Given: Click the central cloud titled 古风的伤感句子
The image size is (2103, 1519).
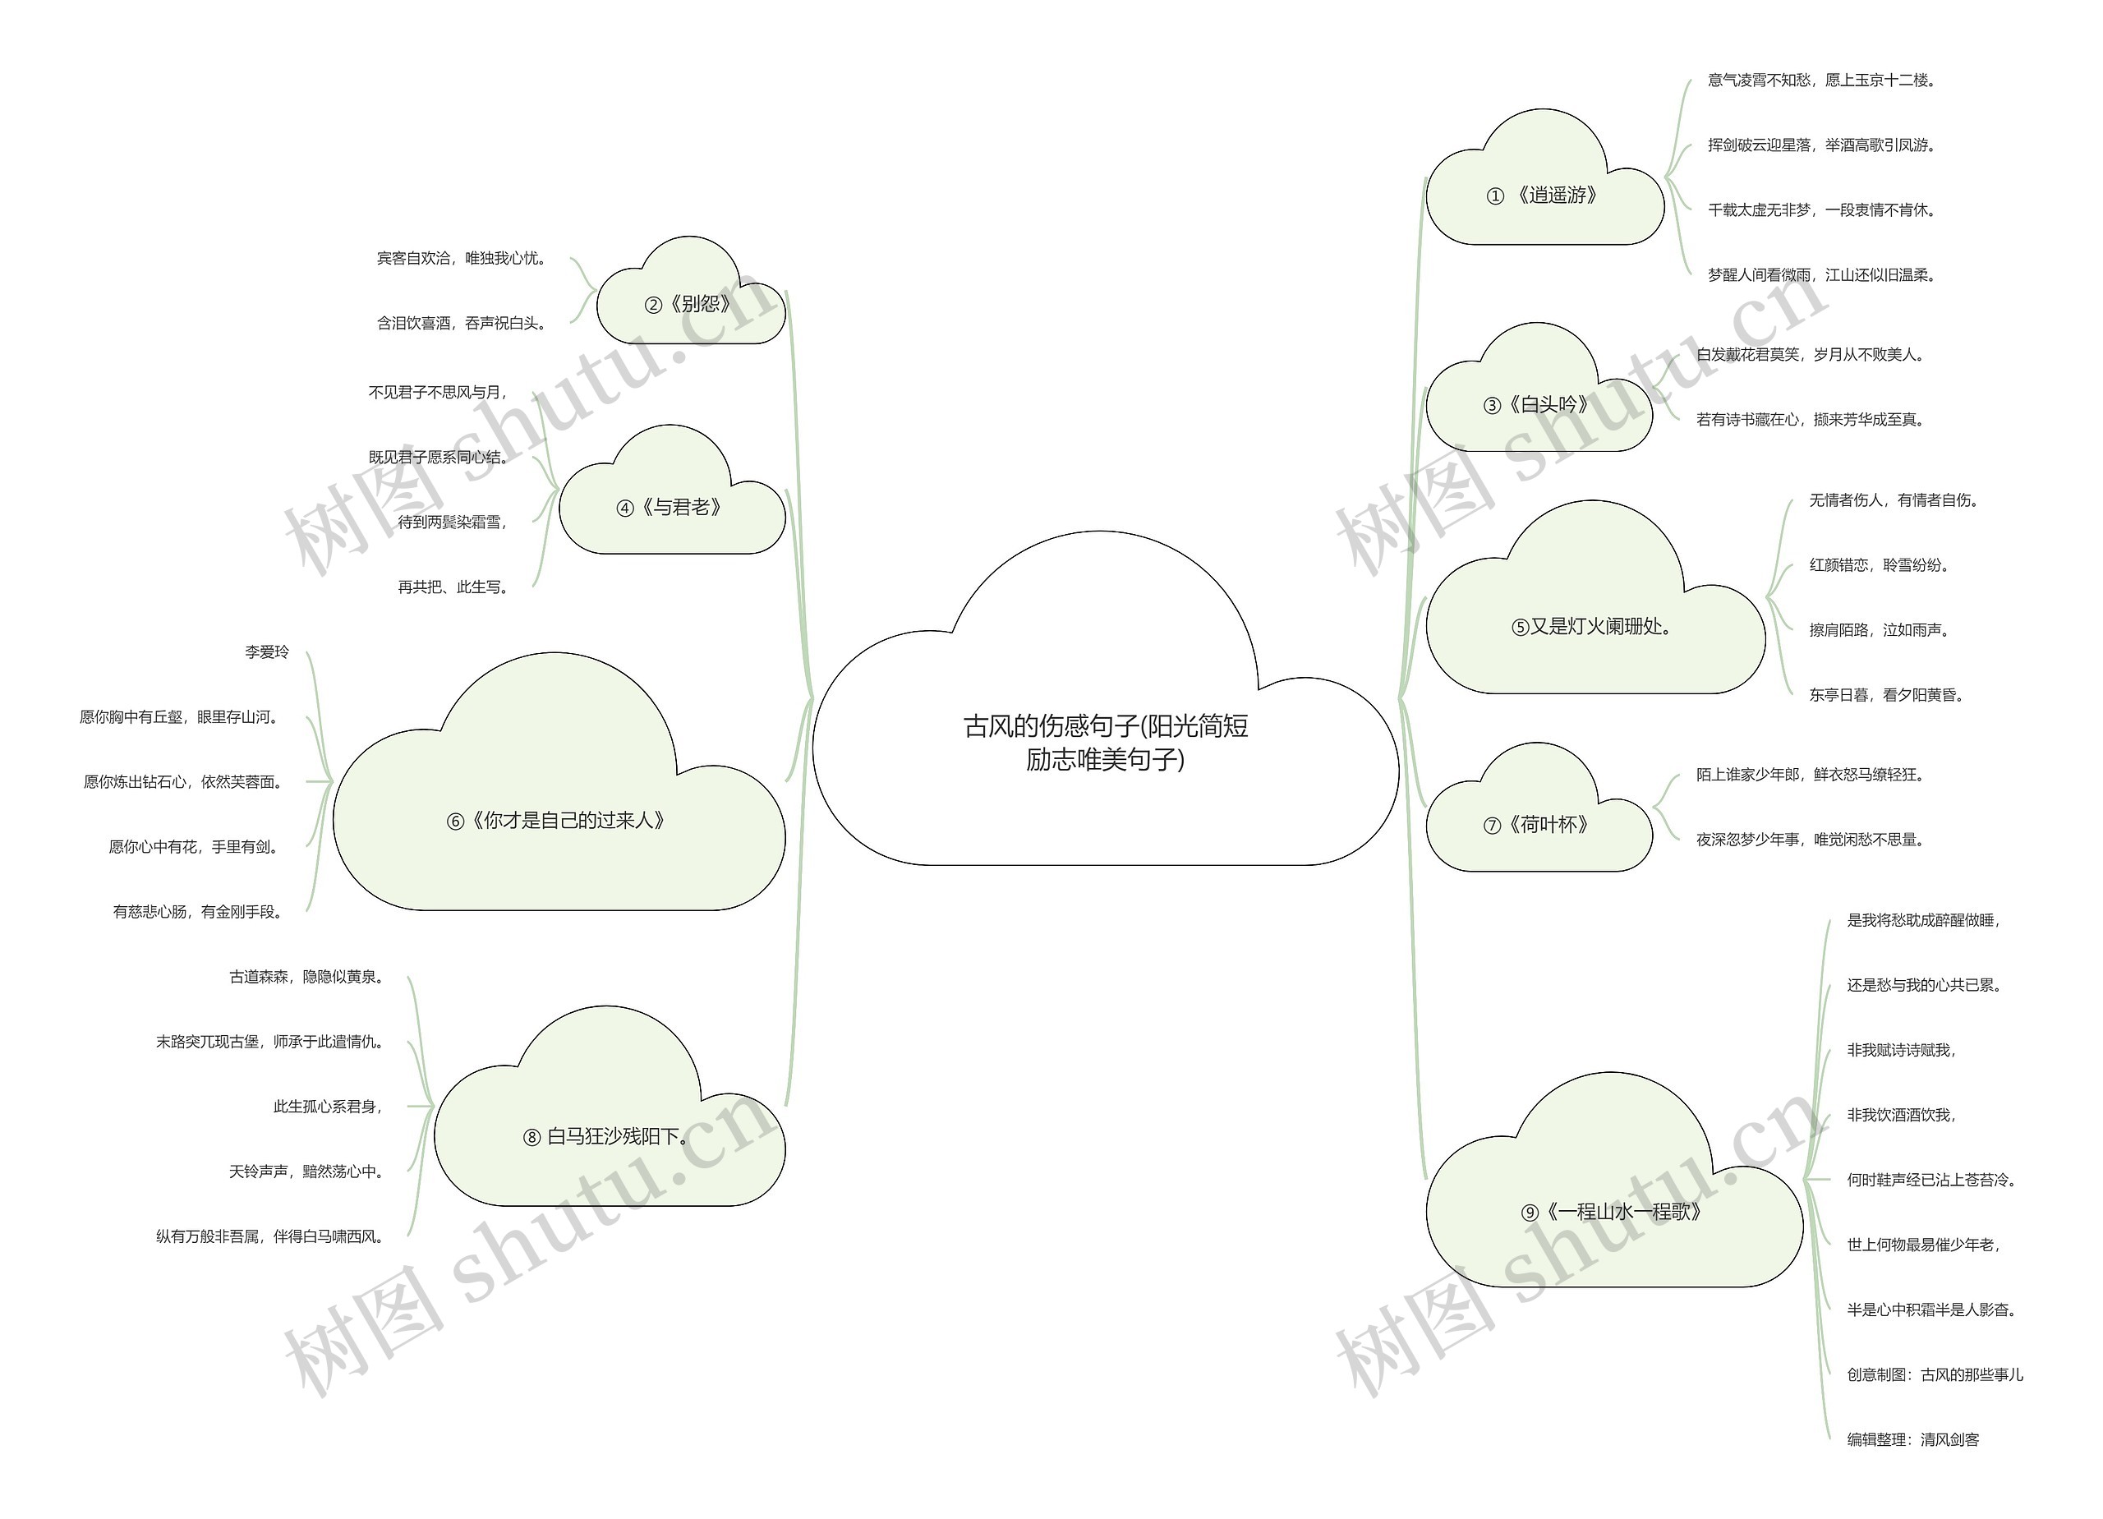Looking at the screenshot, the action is click(x=1105, y=742).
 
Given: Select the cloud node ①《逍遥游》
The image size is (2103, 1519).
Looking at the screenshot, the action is click(x=1544, y=195).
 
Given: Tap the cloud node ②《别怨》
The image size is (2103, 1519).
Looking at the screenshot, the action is click(x=691, y=303).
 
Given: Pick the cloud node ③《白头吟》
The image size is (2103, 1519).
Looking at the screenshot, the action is click(x=1539, y=404).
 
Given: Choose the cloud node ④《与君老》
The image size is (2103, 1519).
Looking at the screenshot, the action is click(x=672, y=506).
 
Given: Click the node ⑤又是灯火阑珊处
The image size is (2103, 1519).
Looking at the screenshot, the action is click(x=1595, y=626).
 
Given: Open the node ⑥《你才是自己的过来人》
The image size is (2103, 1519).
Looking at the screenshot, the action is click(x=559, y=820).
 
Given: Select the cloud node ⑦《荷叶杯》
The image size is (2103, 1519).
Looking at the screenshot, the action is click(x=1539, y=825).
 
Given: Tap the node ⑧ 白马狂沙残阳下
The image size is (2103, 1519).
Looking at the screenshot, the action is click(x=610, y=1136).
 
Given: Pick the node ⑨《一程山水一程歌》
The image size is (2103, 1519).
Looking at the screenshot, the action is click(x=1614, y=1211).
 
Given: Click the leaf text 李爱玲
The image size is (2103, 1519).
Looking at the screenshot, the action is click(x=267, y=652).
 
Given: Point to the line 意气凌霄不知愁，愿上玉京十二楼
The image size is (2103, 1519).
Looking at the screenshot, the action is click(x=1822, y=81).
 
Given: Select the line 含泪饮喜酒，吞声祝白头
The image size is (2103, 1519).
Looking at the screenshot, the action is click(x=462, y=323).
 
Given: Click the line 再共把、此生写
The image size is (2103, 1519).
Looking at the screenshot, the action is click(x=453, y=587).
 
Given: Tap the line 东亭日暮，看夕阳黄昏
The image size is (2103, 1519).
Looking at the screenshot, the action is click(x=1887, y=694).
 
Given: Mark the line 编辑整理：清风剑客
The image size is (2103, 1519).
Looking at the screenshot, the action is click(x=1913, y=1439).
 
